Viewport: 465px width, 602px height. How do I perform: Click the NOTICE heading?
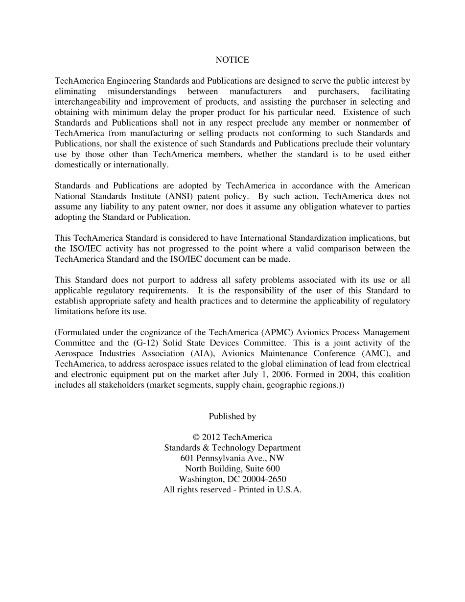[232, 60]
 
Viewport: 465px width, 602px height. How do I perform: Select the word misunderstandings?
[142, 92]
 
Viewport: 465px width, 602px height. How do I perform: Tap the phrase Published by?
[232, 417]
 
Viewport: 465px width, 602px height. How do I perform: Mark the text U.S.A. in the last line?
[289, 490]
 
